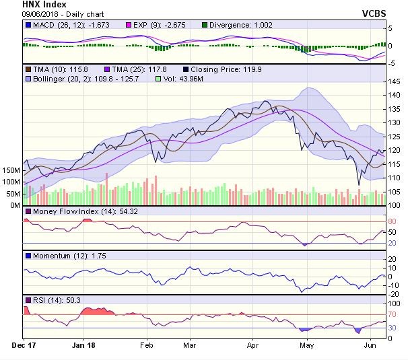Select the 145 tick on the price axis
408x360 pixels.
[x=395, y=81]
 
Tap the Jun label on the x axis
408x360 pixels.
[x=370, y=345]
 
